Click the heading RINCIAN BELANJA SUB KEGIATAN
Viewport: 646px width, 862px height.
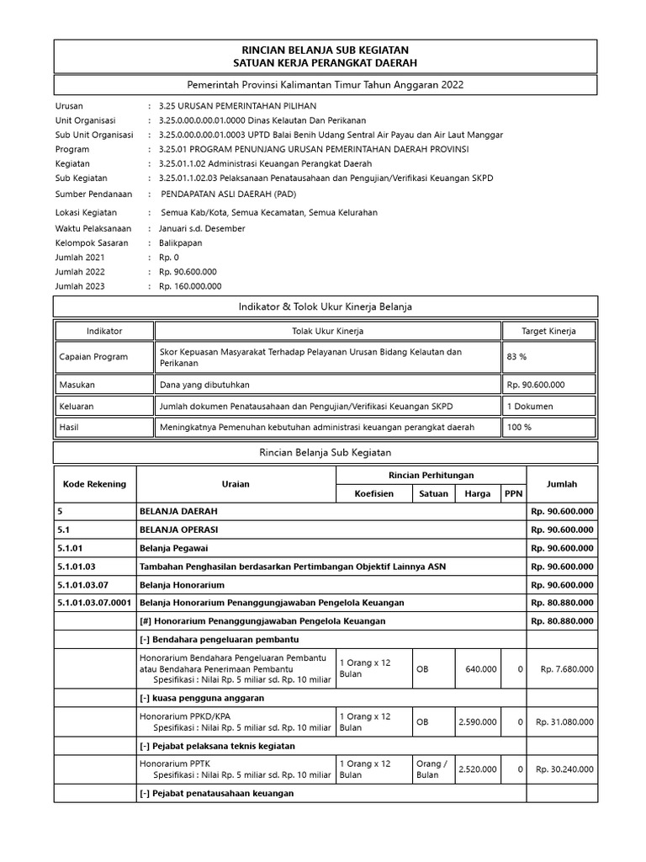pos(325,51)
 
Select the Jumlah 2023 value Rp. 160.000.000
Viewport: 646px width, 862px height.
pos(188,286)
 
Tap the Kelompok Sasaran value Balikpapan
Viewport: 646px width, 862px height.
pos(181,243)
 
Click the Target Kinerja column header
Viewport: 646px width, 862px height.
pos(548,331)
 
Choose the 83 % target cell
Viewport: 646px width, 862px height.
pos(516,357)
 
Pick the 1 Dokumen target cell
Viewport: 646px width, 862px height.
pos(528,407)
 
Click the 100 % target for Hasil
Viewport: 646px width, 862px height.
pos(519,427)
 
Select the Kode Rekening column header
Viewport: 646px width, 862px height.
pos(94,484)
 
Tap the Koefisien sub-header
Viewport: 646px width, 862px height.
pos(373,494)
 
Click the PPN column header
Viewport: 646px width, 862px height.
pos(512,494)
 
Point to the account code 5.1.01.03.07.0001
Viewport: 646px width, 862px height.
pos(94,603)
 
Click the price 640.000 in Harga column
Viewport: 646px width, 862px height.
pos(480,669)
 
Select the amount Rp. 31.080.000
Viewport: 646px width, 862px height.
pos(564,721)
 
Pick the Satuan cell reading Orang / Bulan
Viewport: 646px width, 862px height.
pos(432,769)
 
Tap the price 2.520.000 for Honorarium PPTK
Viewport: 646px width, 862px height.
pos(478,769)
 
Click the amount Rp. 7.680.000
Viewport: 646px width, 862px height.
pos(566,669)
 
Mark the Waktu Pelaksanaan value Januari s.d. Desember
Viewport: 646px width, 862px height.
pos(202,228)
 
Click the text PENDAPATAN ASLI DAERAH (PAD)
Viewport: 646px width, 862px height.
pos(226,193)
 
